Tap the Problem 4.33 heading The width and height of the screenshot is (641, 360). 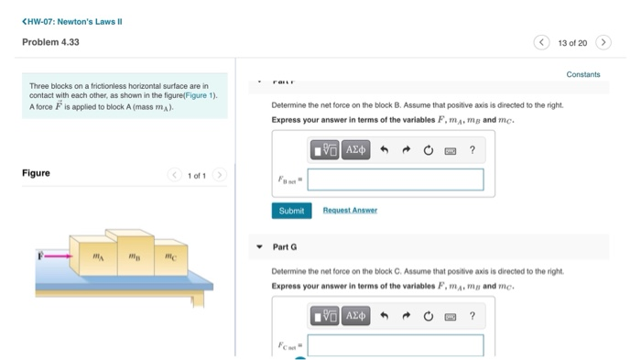coord(51,42)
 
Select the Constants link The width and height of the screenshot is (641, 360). coord(583,74)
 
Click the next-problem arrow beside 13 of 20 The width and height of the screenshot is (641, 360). coord(603,42)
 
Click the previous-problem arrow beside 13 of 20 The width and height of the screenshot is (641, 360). coord(543,42)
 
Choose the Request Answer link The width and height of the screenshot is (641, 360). coord(350,211)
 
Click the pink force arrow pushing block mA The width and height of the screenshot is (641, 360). coord(56,256)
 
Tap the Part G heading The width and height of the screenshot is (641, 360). coord(285,247)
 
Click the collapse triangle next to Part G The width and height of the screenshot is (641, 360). coord(260,247)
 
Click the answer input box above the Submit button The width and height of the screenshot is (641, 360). coord(395,180)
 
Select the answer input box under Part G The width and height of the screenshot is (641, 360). coord(395,345)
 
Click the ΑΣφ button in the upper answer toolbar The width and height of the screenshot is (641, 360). coord(355,149)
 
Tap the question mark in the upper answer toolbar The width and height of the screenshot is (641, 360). coord(472,149)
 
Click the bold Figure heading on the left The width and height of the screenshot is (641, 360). coord(36,173)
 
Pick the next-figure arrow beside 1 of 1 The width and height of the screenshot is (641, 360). coord(218,174)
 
